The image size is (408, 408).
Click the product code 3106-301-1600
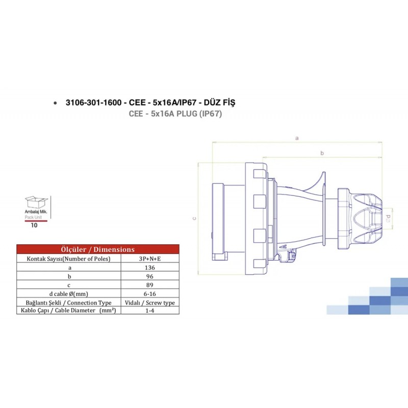pos(94,103)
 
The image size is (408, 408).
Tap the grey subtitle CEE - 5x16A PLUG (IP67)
pos(175,114)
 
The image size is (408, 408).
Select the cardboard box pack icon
pos(36,202)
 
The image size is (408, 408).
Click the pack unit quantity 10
pos(34,225)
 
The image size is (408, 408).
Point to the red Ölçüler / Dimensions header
pos(98,249)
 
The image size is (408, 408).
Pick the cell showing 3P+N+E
pos(150,259)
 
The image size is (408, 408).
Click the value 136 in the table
pos(150,267)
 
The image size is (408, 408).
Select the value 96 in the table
pos(150,276)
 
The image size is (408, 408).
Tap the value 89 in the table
pos(150,285)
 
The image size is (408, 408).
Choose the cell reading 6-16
pos(150,294)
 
